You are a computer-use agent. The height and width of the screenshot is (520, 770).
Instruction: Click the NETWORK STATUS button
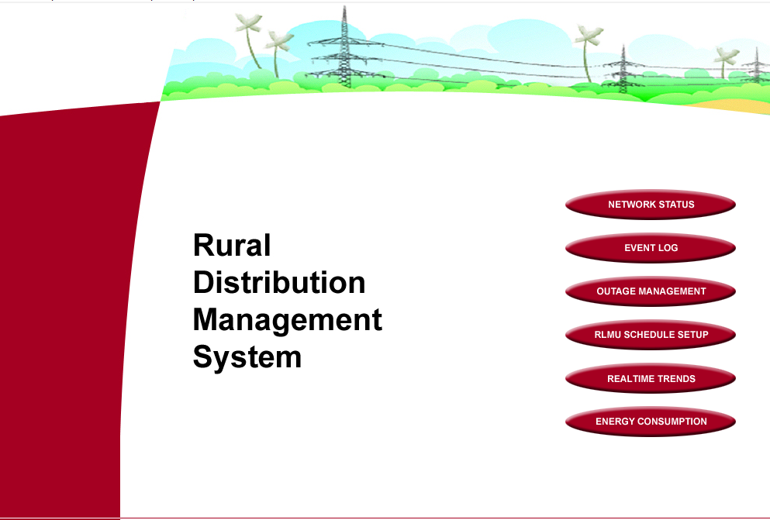pos(651,205)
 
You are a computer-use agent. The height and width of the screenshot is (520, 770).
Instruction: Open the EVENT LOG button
pos(651,248)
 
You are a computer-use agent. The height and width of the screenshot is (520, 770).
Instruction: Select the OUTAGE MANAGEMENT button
pos(651,291)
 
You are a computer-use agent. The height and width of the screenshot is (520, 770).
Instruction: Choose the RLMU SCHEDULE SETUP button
pos(651,335)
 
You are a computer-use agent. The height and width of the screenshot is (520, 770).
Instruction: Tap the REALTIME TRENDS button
pos(651,378)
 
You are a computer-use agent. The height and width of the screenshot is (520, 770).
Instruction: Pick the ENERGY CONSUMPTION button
pos(651,422)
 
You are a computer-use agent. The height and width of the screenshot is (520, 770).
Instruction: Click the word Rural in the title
pos(232,245)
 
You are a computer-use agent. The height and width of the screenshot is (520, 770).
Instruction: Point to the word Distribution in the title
pos(279,283)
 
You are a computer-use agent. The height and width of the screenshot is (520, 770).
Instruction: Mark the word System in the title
pos(247,357)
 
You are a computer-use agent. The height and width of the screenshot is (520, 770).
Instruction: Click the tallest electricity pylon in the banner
pos(345,47)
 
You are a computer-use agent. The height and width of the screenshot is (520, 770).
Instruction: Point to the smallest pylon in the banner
pos(756,65)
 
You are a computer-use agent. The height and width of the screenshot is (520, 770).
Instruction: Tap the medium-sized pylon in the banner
pos(623,70)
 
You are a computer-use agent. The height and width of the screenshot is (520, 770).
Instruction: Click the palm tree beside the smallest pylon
pos(725,61)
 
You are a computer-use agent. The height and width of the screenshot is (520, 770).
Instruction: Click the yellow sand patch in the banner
pos(732,106)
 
